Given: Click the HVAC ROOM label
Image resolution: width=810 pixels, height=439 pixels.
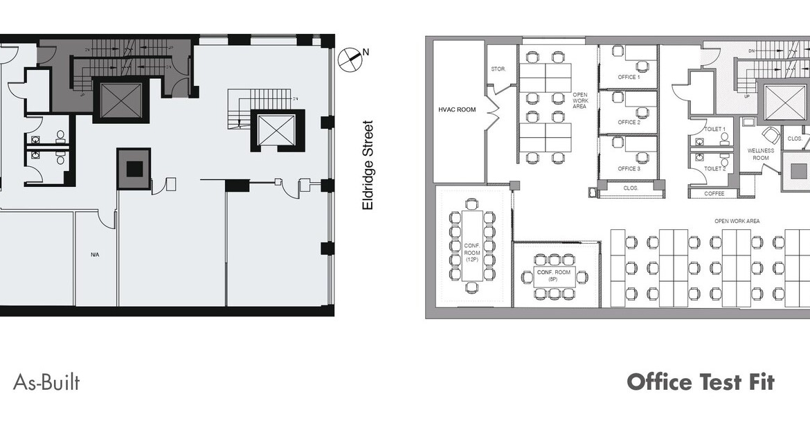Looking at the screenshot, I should [x=457, y=109].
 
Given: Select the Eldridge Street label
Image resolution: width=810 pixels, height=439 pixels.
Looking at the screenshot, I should [x=368, y=166].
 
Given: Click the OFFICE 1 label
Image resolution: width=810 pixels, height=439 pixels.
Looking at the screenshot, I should [x=629, y=78].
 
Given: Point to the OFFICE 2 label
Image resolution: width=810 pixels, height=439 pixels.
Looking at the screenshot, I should [x=629, y=123].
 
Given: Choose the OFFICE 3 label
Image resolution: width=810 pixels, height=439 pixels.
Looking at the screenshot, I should [x=629, y=169].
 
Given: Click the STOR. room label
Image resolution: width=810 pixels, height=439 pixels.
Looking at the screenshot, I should [x=498, y=69].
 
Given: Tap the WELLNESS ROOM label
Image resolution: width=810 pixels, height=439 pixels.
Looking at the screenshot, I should [x=761, y=154].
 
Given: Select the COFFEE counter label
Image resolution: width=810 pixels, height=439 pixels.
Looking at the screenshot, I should [x=714, y=194].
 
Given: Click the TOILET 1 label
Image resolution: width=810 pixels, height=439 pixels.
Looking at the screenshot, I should [x=714, y=129].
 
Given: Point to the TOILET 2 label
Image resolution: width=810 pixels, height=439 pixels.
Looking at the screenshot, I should [x=714, y=168].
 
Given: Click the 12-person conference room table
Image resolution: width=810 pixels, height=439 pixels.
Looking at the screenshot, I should [x=471, y=246].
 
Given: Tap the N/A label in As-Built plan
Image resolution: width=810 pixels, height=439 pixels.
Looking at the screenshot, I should [x=95, y=255].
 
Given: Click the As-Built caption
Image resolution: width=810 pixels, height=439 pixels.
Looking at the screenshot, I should [x=46, y=382].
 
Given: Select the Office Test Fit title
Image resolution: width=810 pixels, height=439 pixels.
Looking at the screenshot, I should [x=700, y=382].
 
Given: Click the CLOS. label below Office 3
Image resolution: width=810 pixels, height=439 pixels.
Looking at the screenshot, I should [x=630, y=188].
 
